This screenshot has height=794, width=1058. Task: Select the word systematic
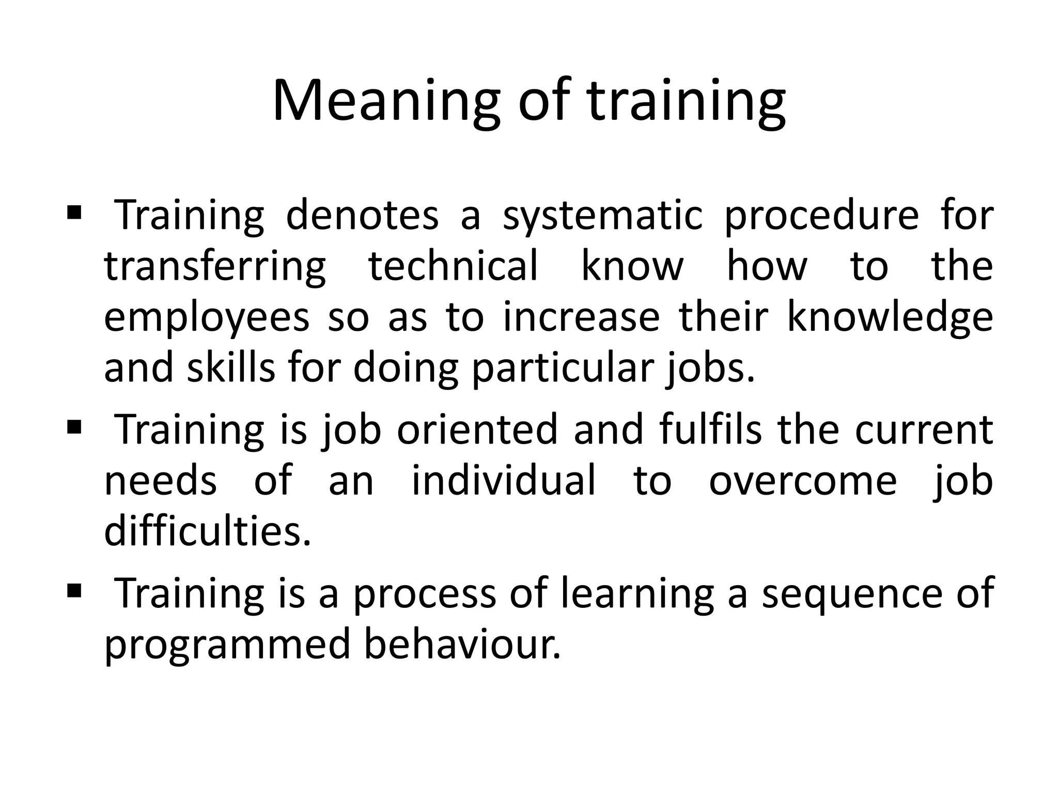[x=602, y=216]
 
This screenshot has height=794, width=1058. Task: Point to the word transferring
[x=215, y=267]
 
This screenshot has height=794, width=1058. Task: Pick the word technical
[x=453, y=266]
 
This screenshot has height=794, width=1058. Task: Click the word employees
[x=207, y=318]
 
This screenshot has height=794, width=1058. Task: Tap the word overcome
[x=802, y=481]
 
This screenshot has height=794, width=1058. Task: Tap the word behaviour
[x=462, y=644]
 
